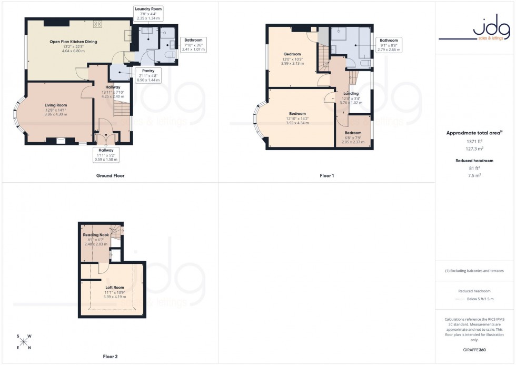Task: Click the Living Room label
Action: pos(56,105)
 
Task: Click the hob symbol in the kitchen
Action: pos(98,24)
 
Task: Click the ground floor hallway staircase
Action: pos(122,108)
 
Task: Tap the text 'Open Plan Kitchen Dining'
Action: pos(73,41)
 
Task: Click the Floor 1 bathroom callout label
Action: pos(389,45)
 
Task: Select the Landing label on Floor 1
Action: pos(351,93)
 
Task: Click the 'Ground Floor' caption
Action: pos(111,175)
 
